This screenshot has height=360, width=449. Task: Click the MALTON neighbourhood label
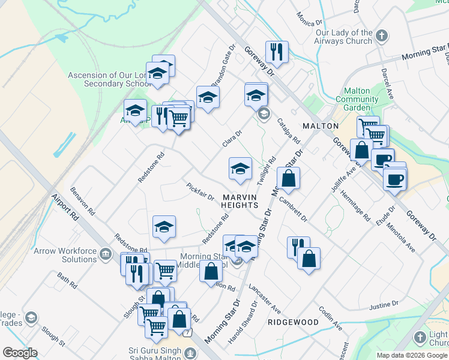point(321,126)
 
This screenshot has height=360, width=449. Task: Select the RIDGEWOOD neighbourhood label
point(292,322)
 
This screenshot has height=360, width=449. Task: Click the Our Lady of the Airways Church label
point(344,37)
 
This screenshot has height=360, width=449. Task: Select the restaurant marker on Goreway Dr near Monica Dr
point(277,52)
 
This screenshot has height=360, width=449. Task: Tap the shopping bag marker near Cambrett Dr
point(288,178)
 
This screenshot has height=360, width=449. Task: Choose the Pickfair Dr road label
point(200,191)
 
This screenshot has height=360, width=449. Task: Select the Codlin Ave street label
point(331,319)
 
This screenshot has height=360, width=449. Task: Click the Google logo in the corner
point(20,353)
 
